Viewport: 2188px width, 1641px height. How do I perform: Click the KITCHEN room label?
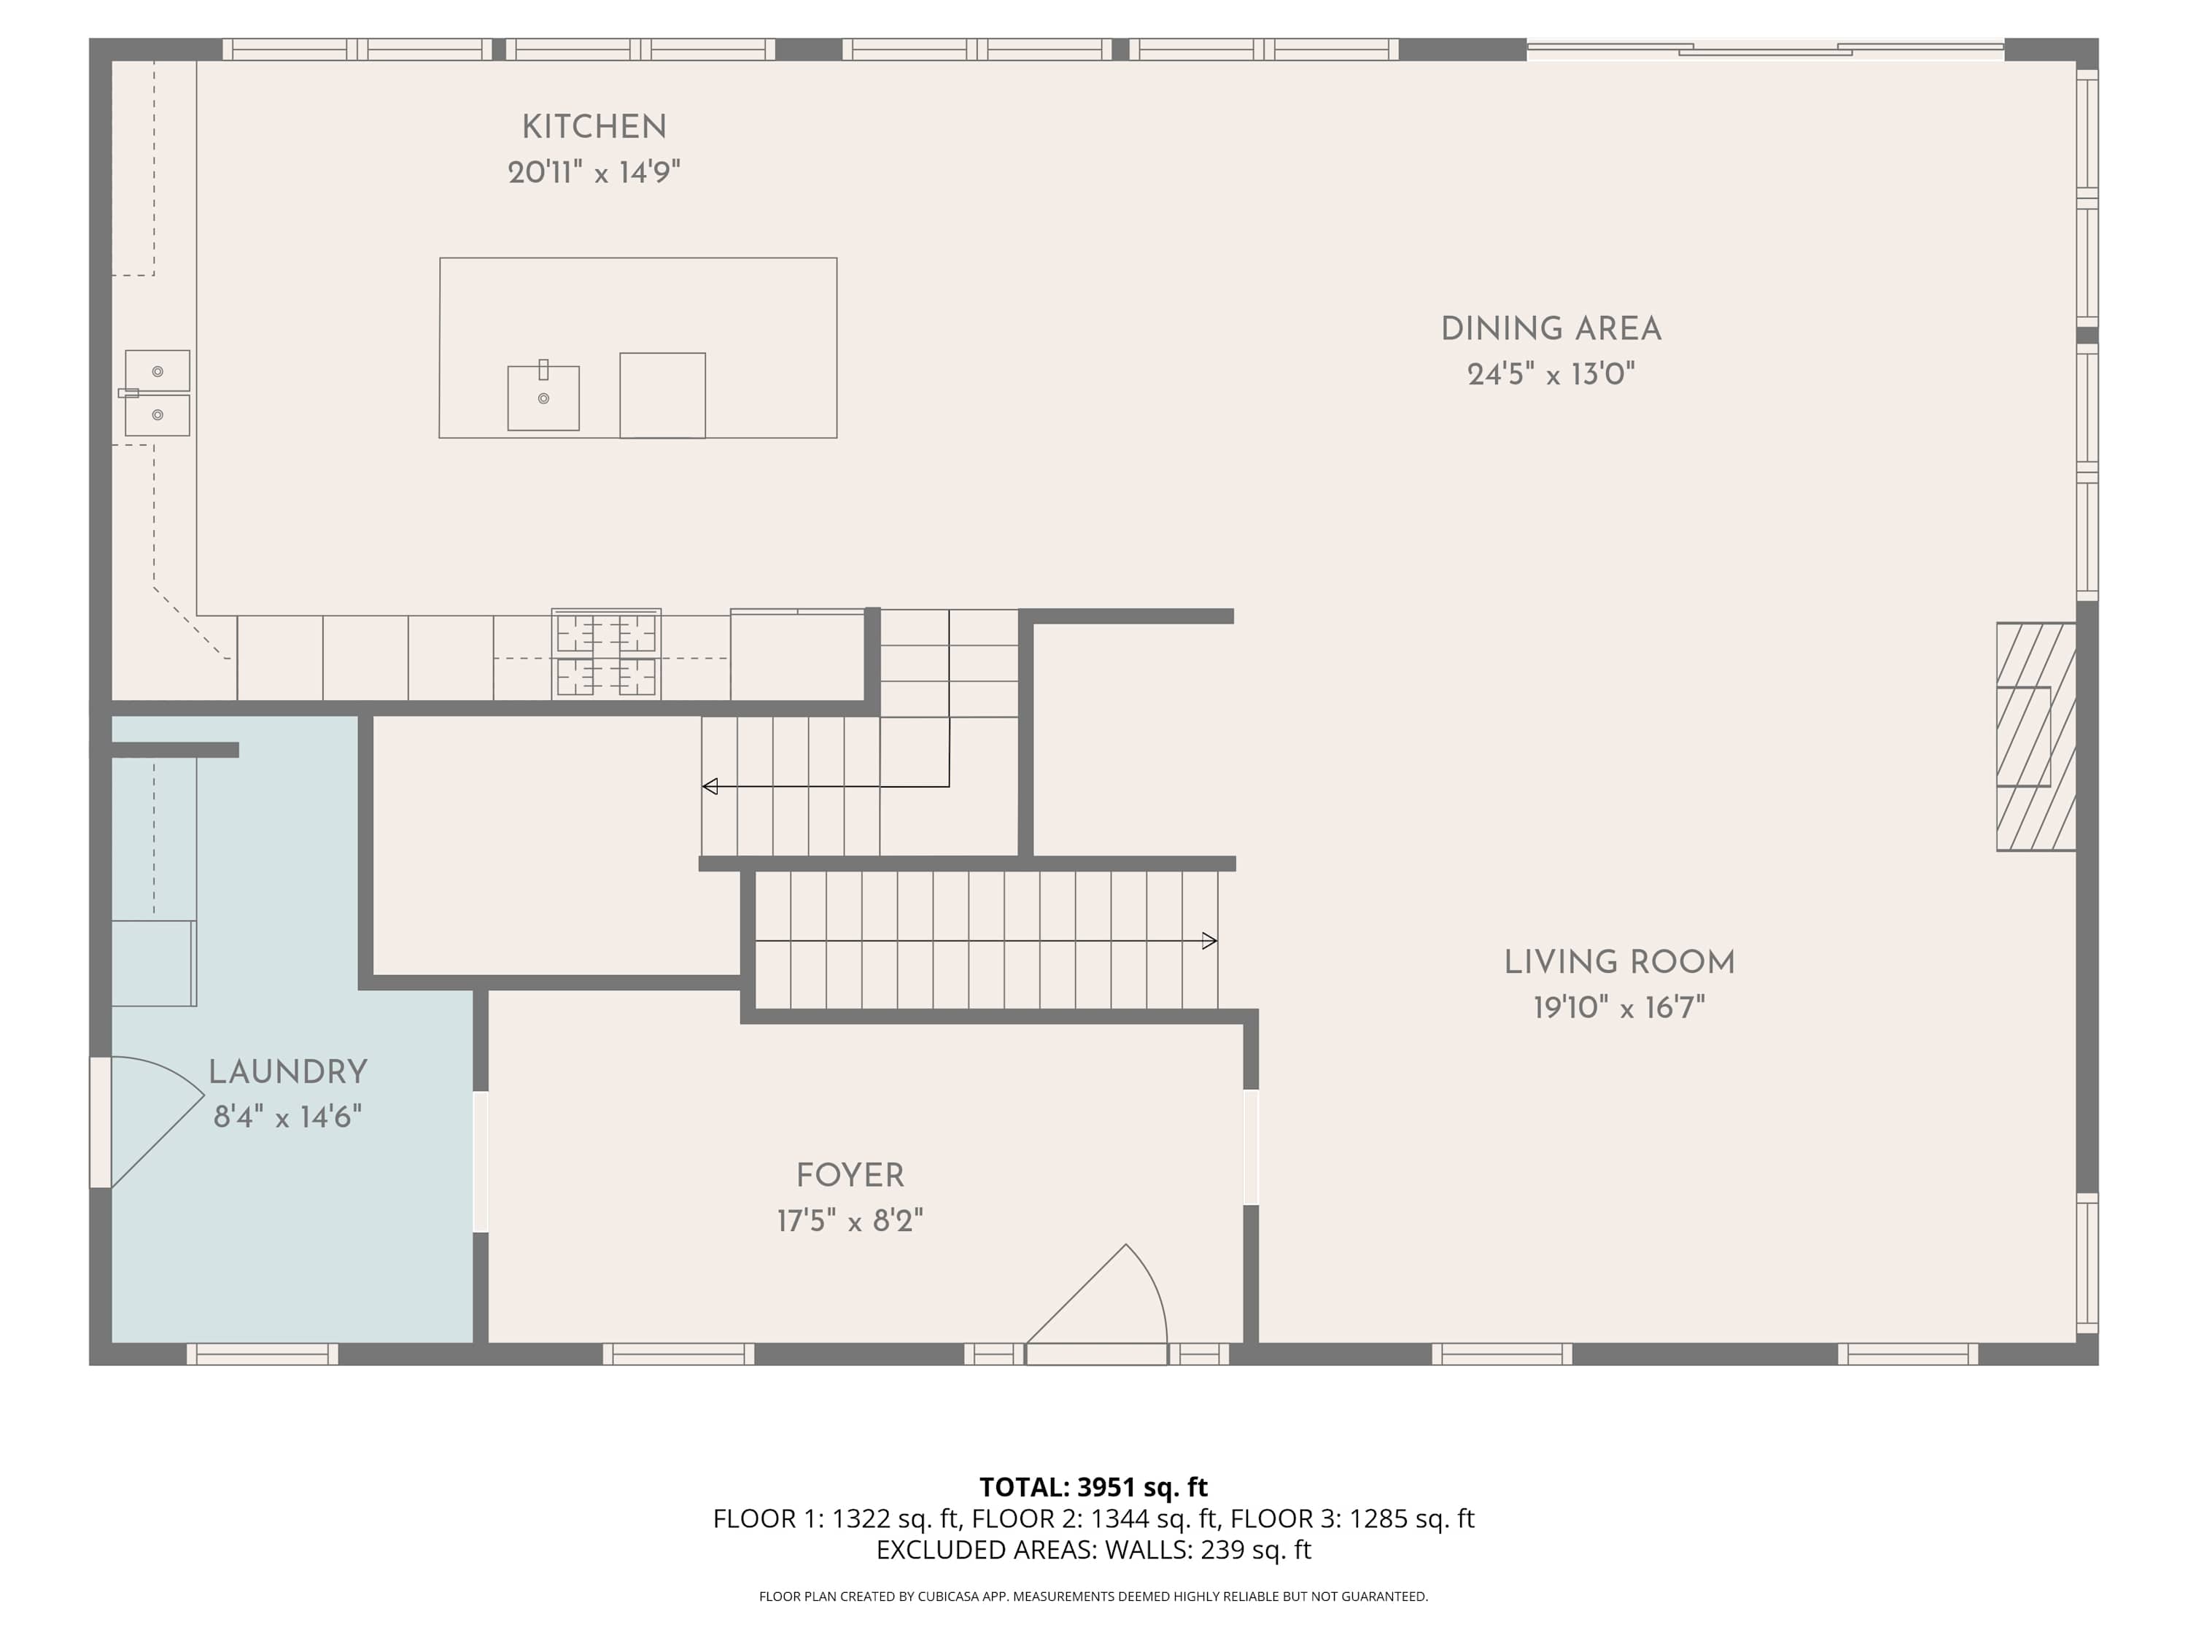point(594,127)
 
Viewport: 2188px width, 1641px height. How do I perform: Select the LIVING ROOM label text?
point(1619,963)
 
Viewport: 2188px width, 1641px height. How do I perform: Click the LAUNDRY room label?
point(288,1071)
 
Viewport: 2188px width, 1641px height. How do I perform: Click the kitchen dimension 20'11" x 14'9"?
point(594,173)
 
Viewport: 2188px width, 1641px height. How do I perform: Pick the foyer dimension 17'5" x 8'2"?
point(850,1221)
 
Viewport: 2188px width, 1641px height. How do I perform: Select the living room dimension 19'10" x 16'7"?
point(1619,1008)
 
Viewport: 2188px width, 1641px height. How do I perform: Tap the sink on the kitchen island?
point(543,397)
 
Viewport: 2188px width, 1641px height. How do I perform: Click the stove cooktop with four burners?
point(606,653)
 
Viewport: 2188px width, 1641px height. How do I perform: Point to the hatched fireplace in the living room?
point(2036,736)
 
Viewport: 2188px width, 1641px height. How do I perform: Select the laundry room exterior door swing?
point(158,1122)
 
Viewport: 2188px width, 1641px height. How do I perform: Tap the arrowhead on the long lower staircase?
point(1210,941)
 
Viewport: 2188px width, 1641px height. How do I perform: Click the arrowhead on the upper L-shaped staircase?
point(709,786)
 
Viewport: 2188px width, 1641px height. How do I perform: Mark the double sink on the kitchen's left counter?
point(156,392)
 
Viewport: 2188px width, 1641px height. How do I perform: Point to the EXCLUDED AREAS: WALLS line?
point(1093,1549)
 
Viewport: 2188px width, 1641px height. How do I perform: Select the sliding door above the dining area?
point(1766,48)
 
